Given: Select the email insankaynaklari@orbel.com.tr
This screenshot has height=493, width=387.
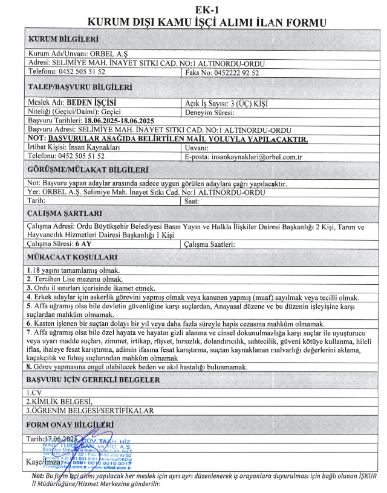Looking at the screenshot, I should tap(263, 156).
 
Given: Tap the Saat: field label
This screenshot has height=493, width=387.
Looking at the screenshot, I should tap(192, 200).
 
